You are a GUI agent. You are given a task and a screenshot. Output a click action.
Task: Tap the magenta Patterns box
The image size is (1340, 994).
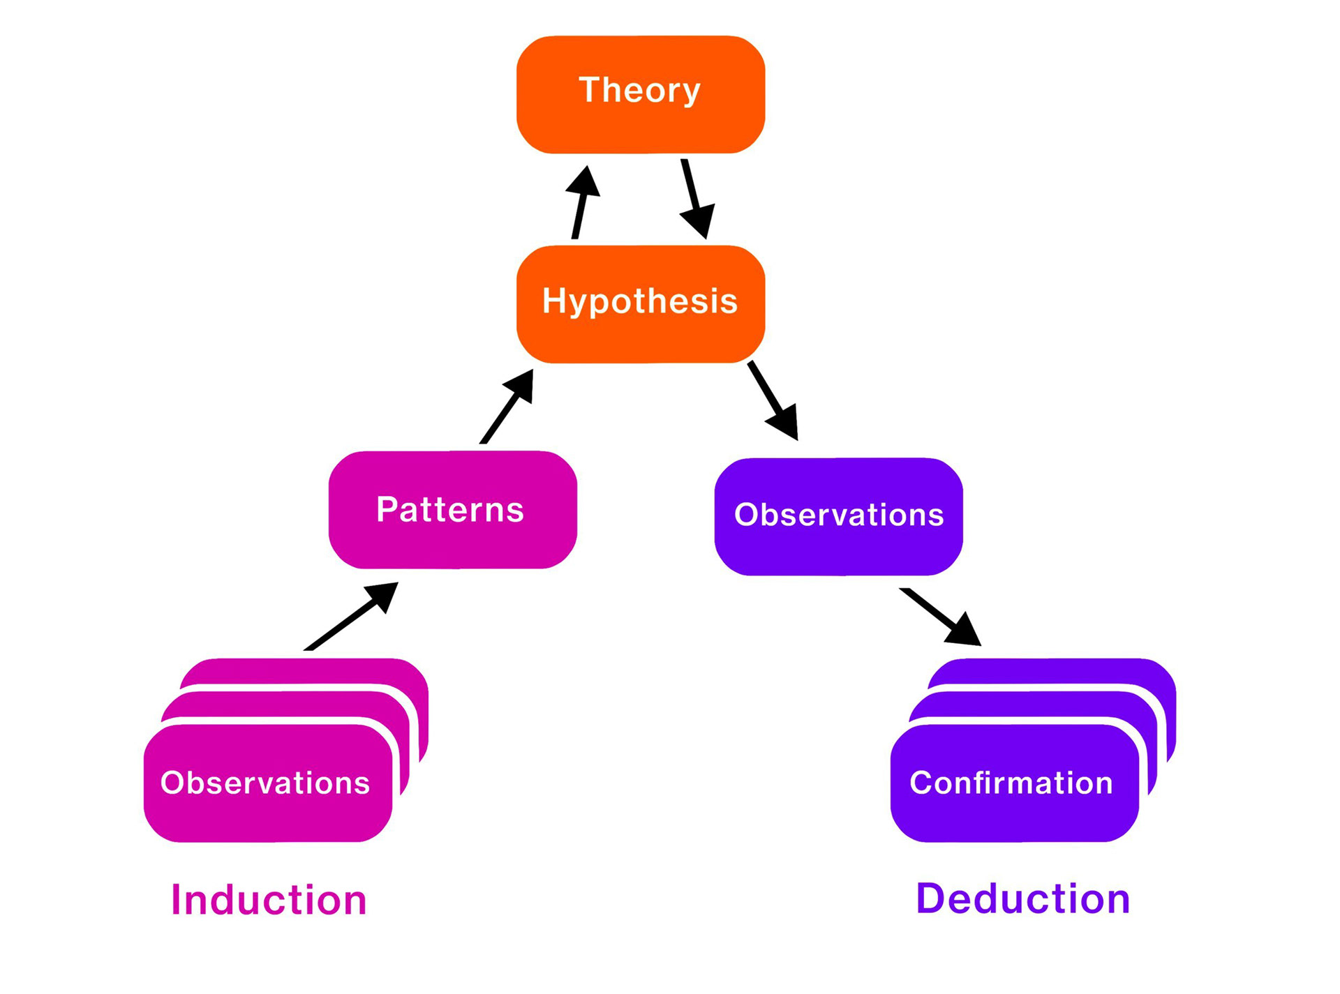(452, 548)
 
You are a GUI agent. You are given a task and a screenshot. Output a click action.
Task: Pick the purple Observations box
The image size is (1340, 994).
(838, 551)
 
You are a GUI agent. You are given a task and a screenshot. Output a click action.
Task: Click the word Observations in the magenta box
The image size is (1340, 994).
(265, 783)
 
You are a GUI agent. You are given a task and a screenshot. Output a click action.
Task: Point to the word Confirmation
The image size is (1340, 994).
(1011, 783)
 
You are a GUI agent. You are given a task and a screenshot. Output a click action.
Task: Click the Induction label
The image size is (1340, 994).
(269, 900)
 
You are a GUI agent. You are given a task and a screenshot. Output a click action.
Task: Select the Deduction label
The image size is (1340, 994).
(1022, 898)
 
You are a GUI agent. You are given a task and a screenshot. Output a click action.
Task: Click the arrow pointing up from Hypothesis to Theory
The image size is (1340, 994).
(581, 202)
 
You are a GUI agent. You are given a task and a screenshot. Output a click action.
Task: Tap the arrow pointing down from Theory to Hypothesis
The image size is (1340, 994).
(694, 199)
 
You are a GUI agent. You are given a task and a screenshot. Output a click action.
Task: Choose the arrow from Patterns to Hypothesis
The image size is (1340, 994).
(507, 407)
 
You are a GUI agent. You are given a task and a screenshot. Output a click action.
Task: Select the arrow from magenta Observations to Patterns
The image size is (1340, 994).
(351, 617)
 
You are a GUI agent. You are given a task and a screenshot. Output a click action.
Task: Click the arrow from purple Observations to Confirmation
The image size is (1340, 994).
(940, 617)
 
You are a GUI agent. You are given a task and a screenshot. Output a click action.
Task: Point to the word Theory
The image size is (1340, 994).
(640, 90)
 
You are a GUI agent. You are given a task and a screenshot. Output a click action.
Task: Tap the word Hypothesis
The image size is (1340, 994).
(640, 301)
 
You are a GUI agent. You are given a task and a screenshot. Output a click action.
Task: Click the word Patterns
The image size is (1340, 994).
(450, 509)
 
